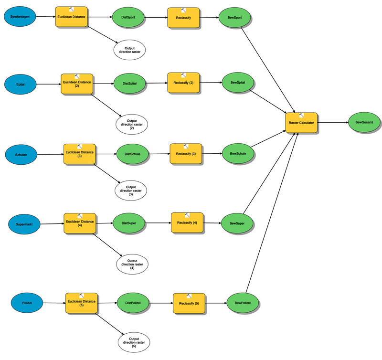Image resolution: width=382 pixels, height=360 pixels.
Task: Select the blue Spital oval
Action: point(21,84)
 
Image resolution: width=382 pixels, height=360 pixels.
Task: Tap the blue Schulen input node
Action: point(21,155)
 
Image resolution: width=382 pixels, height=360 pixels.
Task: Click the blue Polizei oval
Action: point(27,303)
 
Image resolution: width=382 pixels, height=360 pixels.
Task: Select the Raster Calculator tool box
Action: point(301,123)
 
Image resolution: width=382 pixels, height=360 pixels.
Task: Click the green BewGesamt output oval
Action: point(364,123)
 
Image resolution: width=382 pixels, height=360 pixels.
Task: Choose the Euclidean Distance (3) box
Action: point(80,154)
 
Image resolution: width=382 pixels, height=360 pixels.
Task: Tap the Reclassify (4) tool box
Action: point(187,223)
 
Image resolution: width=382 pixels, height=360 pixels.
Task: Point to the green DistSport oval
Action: point(128,18)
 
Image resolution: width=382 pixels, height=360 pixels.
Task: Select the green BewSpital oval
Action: point(237,82)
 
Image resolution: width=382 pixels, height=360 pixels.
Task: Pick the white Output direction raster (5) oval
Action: point(134,342)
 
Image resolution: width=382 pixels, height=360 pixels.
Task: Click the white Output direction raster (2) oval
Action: point(132,124)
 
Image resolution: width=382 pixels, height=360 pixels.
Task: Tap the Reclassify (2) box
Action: point(184,83)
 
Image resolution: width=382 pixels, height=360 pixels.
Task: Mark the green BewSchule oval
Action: point(238,153)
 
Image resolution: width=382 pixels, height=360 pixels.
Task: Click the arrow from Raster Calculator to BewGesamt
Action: point(333,123)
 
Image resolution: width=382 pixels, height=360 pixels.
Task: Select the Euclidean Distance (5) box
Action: point(81,302)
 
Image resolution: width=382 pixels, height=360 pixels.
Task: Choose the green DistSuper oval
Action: point(128,223)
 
